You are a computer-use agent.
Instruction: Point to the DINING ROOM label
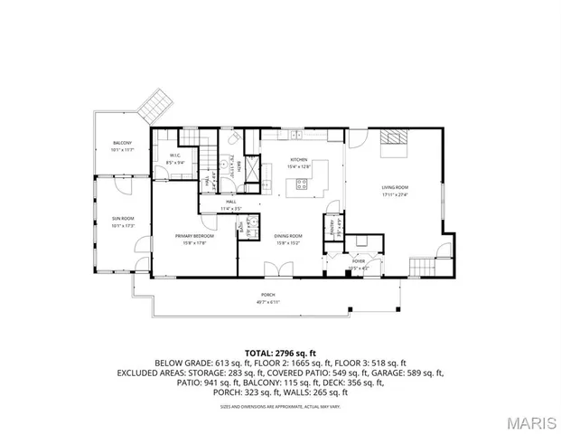(x=288, y=236)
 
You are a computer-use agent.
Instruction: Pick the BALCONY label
(x=122, y=143)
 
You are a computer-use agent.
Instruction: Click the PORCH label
(x=268, y=296)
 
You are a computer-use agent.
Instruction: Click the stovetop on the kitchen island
(x=301, y=186)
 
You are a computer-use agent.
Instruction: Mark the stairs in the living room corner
(x=422, y=267)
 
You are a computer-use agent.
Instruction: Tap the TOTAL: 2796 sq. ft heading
(x=280, y=352)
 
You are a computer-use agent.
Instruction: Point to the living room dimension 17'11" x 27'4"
(x=395, y=195)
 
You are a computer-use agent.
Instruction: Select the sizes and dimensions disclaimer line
(x=280, y=406)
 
